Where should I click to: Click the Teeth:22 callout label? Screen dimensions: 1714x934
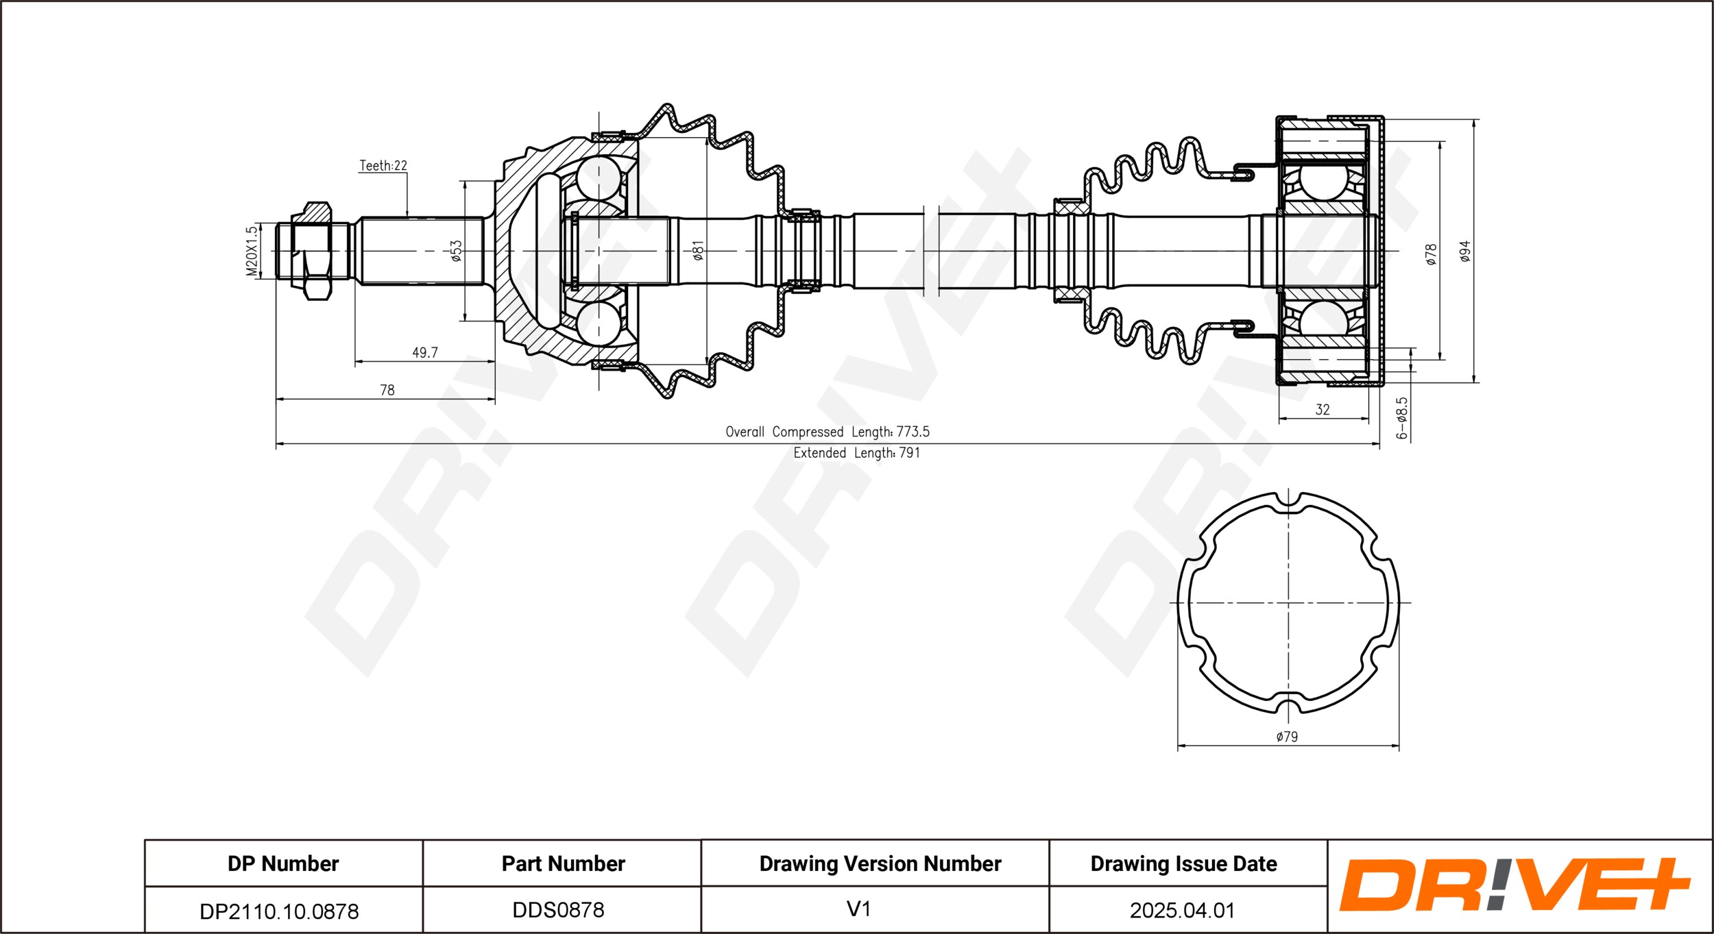pyautogui.click(x=383, y=166)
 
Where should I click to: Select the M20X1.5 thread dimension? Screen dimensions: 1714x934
pyautogui.click(x=252, y=251)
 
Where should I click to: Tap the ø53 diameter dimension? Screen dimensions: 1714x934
pyautogui.click(x=456, y=251)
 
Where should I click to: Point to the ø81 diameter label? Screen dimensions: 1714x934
pyautogui.click(x=698, y=251)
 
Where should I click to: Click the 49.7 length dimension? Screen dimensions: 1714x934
pyautogui.click(x=425, y=353)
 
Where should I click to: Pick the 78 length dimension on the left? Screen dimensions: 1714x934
pyautogui.click(x=387, y=391)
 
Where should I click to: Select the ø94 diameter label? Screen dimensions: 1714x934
pyautogui.click(x=1465, y=251)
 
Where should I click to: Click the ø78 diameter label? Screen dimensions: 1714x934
pyautogui.click(x=1431, y=254)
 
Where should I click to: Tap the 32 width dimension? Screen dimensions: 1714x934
pyautogui.click(x=1323, y=410)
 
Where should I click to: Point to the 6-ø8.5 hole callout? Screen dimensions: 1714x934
pyautogui.click(x=1402, y=417)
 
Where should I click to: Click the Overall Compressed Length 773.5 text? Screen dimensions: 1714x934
pyautogui.click(x=828, y=432)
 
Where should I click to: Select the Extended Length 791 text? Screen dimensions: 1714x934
pyautogui.click(x=857, y=453)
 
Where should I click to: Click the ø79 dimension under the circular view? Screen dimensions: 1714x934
pyautogui.click(x=1287, y=737)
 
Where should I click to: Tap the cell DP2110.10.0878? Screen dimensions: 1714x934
pyautogui.click(x=279, y=911)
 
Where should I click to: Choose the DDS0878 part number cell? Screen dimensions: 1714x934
pyautogui.click(x=559, y=910)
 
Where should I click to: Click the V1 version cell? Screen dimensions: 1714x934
pyautogui.click(x=858, y=909)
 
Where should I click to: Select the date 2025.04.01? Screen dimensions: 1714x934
pyautogui.click(x=1183, y=911)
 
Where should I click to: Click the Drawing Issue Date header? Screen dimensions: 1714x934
pyautogui.click(x=1184, y=864)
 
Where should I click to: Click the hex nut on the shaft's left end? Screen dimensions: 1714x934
pyautogui.click(x=312, y=251)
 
